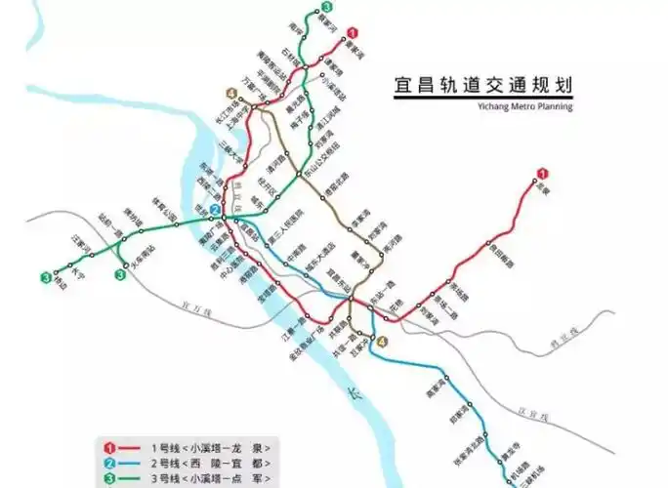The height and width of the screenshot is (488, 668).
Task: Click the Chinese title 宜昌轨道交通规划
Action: [481, 86]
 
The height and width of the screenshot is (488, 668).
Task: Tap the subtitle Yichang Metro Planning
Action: [525, 106]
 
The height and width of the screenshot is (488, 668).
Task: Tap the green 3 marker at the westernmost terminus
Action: [46, 277]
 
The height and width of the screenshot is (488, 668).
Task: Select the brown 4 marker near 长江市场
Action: [231, 94]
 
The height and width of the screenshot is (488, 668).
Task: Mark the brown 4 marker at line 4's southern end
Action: [383, 342]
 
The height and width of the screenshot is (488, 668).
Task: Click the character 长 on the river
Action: [356, 398]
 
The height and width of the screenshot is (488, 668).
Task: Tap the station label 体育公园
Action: [167, 209]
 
